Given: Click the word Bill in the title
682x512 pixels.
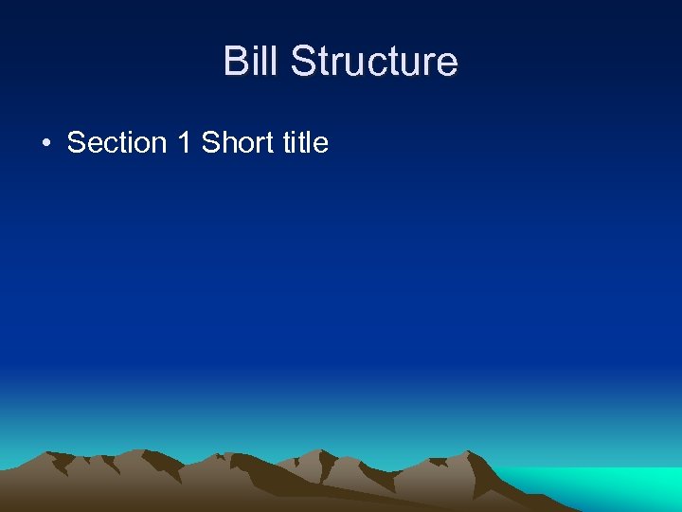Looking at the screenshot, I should click(252, 62).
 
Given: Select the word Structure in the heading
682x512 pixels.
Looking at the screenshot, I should click(374, 62).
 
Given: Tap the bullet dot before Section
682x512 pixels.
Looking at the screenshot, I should click(45, 144).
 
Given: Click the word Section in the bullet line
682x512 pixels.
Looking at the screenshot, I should click(117, 143).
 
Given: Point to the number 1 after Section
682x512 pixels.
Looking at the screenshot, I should click(184, 143).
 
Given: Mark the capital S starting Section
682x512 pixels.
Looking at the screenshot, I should click(76, 143).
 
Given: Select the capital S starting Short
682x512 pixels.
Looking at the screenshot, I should click(210, 143).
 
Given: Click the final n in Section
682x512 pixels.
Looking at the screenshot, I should click(159, 146).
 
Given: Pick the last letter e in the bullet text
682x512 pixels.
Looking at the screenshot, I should click(321, 146).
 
